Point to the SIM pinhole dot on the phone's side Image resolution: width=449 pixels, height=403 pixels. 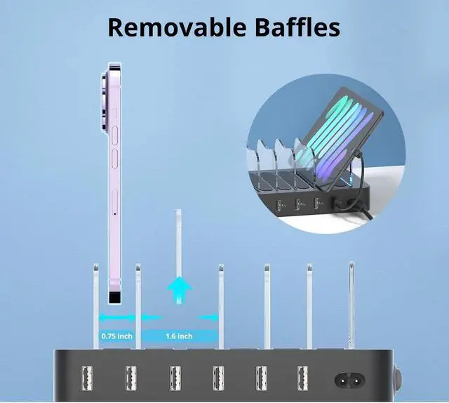(x=114, y=213)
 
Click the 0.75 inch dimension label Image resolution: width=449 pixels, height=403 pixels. (x=116, y=336)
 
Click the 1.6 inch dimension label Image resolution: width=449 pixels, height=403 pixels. (x=179, y=336)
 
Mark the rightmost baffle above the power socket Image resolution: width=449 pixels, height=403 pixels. (x=351, y=302)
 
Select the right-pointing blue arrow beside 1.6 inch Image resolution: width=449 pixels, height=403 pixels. (x=208, y=317)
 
